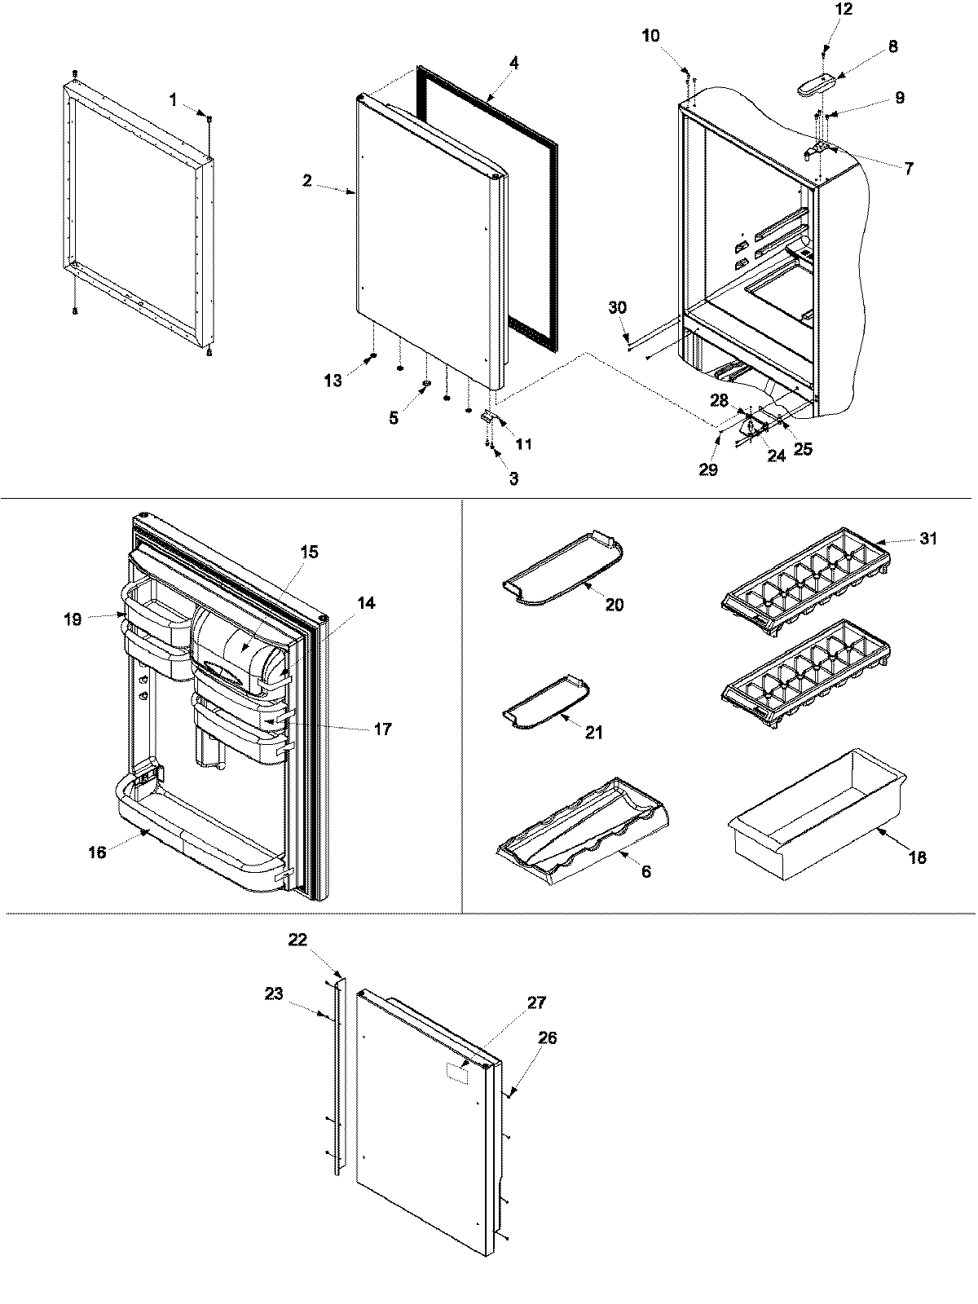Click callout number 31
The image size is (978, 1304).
point(927,539)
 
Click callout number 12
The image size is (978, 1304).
point(844,10)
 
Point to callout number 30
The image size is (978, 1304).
point(618,307)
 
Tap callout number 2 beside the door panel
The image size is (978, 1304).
point(307,181)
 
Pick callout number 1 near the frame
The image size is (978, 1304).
point(173,99)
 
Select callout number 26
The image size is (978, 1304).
point(547,1038)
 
